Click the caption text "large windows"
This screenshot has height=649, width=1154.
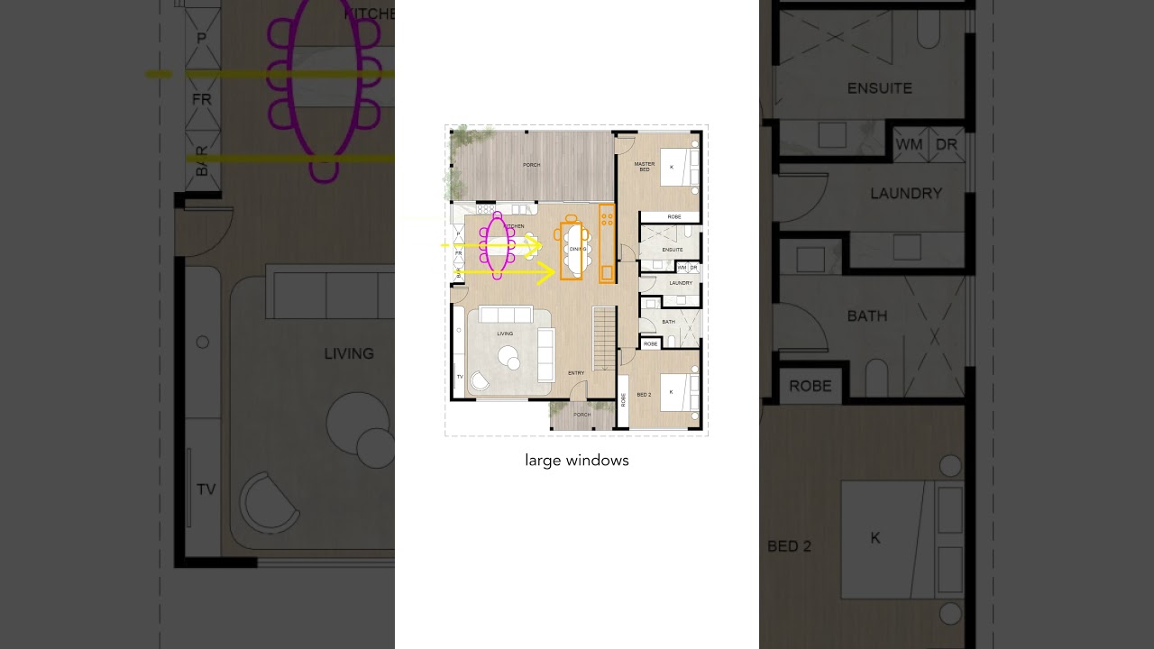577,461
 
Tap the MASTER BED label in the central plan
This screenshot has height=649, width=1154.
644,167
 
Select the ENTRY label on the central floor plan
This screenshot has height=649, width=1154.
576,373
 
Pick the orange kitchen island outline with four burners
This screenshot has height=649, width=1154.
607,242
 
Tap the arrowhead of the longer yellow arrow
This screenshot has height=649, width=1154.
547,272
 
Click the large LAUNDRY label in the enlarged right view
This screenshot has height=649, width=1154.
906,194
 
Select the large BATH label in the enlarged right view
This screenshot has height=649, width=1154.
867,316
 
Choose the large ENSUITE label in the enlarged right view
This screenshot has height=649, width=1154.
880,88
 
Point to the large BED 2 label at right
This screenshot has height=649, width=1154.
790,546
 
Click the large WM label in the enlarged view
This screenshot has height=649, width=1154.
909,145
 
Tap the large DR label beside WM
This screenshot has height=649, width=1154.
946,145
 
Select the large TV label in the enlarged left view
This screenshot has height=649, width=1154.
206,489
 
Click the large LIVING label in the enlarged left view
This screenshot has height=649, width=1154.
349,354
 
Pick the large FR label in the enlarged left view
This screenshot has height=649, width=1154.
202,99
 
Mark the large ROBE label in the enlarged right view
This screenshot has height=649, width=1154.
811,386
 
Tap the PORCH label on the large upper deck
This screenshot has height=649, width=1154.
532,165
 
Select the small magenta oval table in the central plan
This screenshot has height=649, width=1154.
497,246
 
